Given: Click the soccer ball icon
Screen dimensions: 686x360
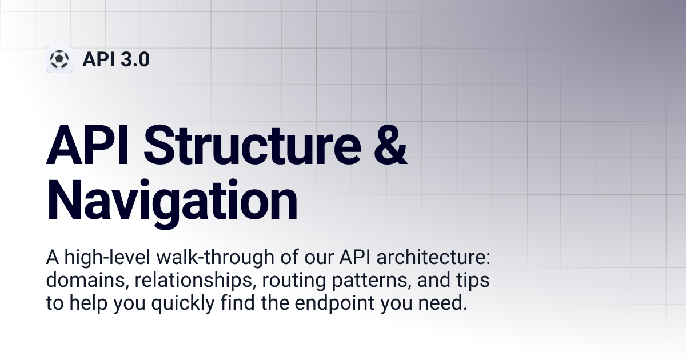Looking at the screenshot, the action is (x=59, y=59).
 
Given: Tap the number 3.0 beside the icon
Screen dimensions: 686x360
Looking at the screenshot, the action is (x=135, y=59).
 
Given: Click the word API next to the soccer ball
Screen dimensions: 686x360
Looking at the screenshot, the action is (x=98, y=59).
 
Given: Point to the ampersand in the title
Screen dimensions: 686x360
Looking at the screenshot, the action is (x=390, y=145).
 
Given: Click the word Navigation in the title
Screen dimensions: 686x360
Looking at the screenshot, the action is (x=172, y=201).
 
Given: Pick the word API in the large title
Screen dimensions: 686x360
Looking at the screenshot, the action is (x=87, y=145).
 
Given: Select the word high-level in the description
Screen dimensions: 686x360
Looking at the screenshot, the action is (x=107, y=257).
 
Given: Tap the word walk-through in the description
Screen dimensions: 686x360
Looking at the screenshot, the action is (x=216, y=257).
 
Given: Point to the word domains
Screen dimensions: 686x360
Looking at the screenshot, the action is (x=85, y=280).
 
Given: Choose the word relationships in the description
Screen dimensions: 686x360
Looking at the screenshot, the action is (x=193, y=280).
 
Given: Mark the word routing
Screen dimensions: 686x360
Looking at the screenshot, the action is (x=293, y=281).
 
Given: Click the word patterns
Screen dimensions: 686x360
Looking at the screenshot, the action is (x=369, y=280).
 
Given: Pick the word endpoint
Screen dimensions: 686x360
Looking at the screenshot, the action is (x=334, y=303).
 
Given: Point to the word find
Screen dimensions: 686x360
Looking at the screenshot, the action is (x=238, y=303).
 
